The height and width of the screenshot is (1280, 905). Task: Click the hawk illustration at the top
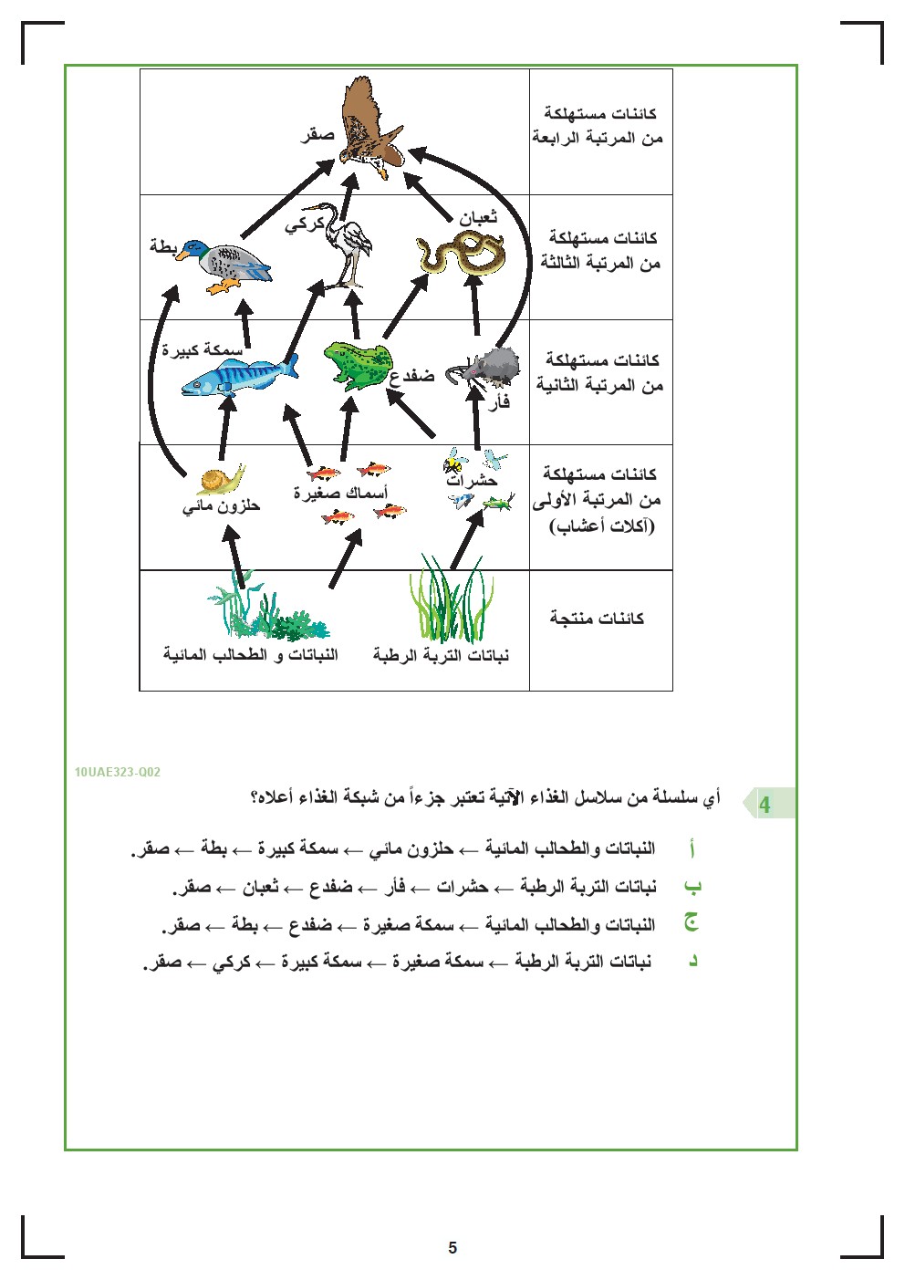point(371,128)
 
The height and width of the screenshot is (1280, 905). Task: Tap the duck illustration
point(226,264)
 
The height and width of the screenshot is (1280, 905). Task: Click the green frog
point(357,365)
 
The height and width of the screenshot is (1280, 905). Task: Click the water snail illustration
point(221,479)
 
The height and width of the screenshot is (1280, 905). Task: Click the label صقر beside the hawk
point(318,135)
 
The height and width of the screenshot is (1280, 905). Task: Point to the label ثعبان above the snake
point(478,217)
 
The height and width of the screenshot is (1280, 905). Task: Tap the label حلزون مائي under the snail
point(221,505)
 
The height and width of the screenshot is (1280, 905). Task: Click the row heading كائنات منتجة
point(598,619)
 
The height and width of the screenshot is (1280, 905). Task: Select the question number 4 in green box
point(765,805)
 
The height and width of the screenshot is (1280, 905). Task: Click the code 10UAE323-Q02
point(118,772)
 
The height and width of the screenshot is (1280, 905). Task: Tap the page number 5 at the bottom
point(452,1248)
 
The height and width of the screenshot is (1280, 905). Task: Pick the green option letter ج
point(692,923)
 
